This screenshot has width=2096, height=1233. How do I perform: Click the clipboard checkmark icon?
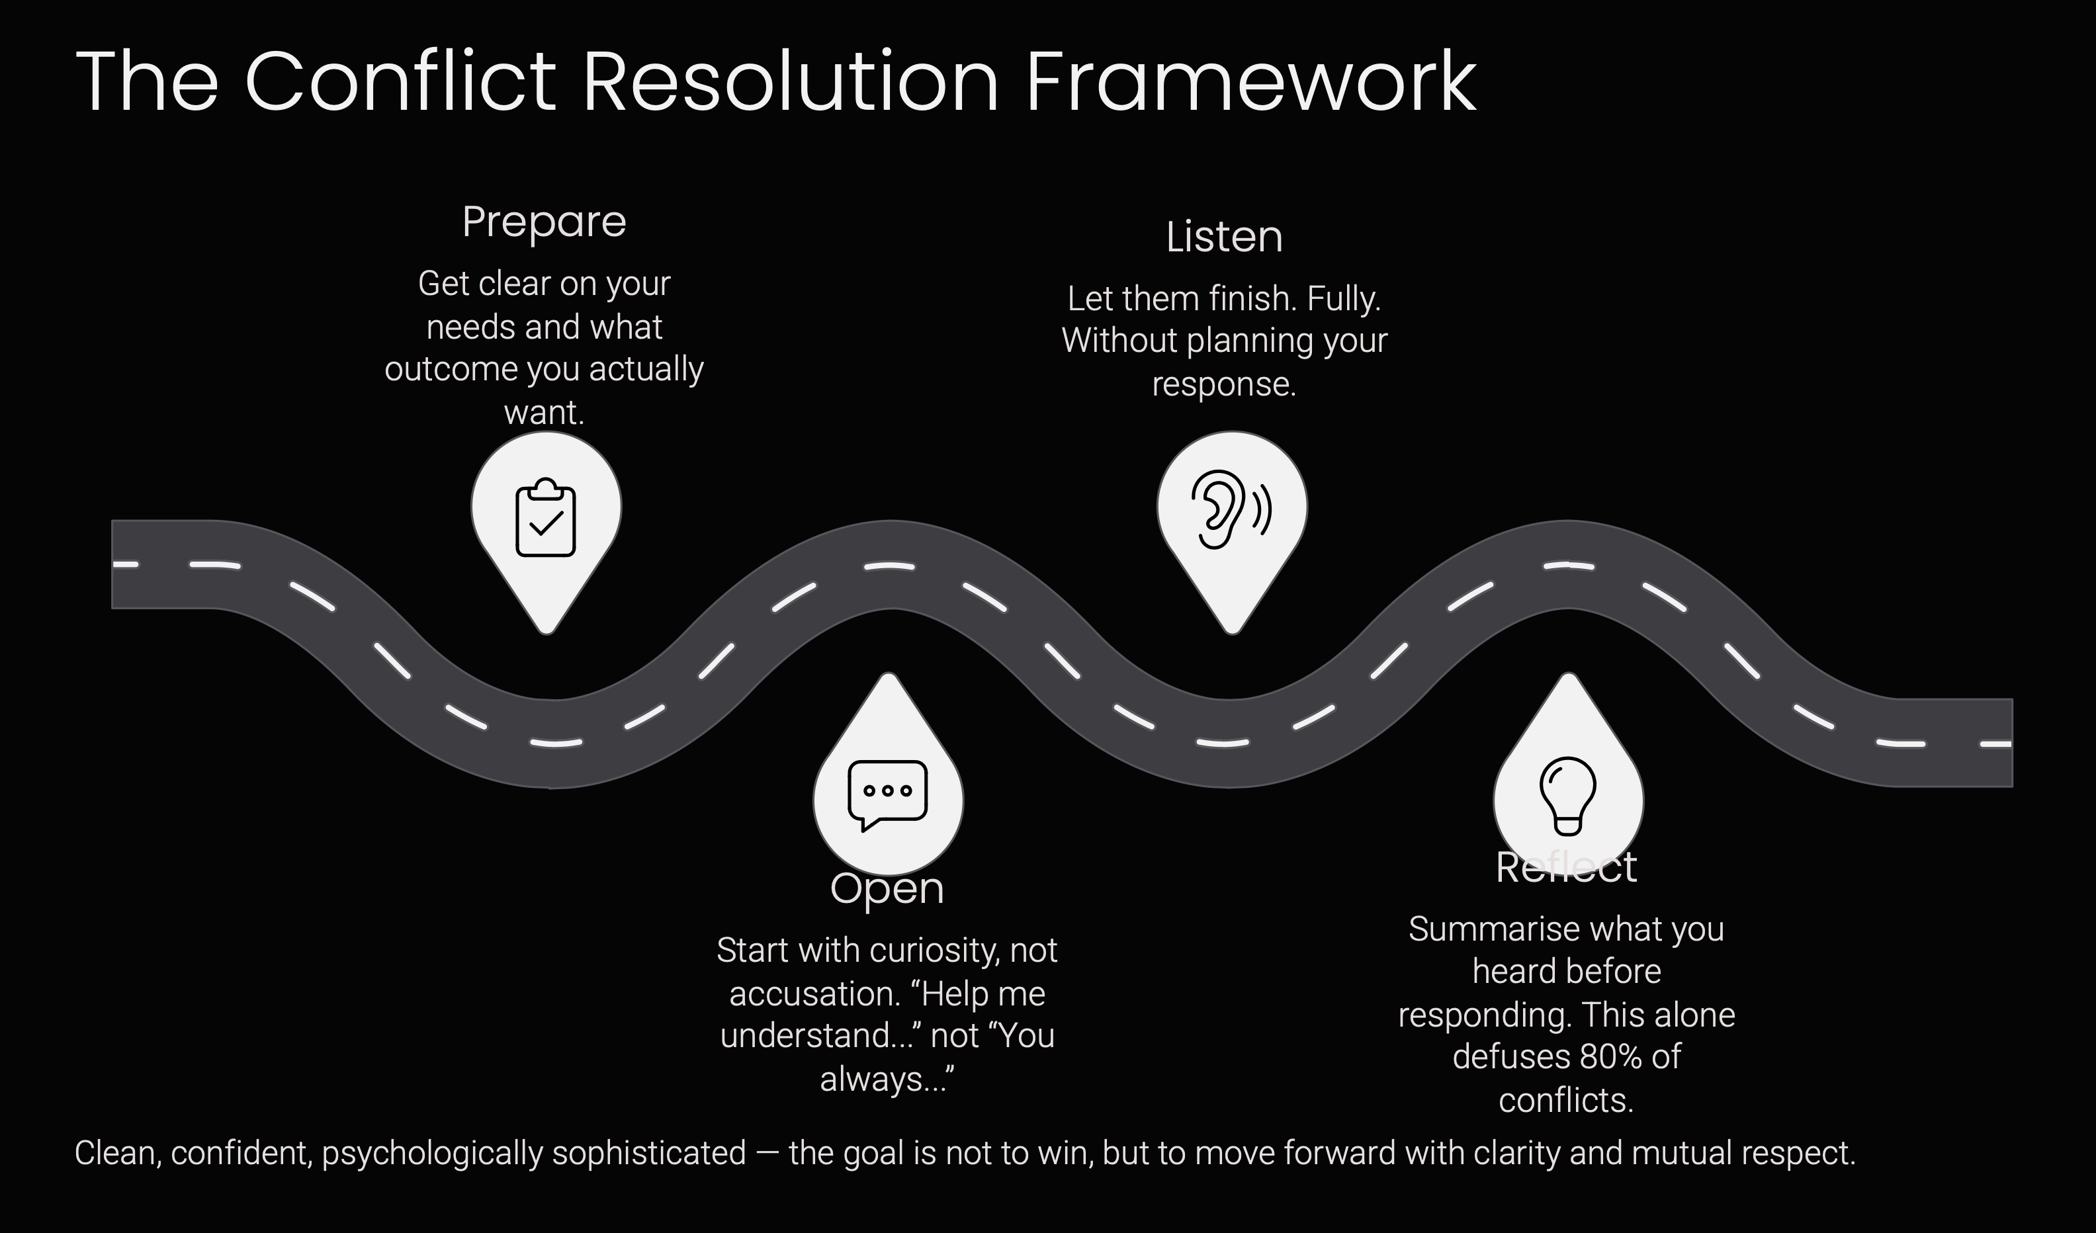coord(546,517)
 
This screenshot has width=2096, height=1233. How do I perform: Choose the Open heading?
coord(887,889)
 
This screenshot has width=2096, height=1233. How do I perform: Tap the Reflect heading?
coord(1566,867)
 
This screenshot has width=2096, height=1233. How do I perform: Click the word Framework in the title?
coord(1251,81)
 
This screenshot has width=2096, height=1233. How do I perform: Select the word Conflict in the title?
coord(400,81)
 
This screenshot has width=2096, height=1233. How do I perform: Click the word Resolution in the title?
coord(790,81)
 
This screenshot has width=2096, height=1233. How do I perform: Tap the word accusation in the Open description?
coord(799,994)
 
